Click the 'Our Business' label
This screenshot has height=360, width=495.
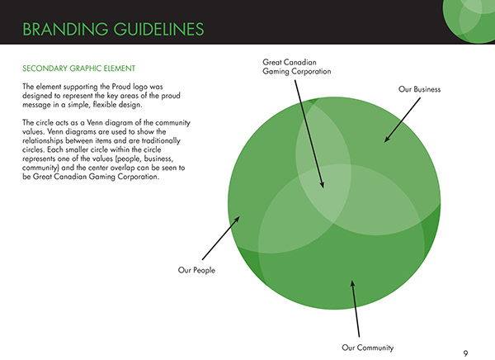[x=419, y=89]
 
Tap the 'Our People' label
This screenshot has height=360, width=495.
[x=196, y=270]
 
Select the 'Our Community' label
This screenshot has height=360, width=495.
[x=368, y=347]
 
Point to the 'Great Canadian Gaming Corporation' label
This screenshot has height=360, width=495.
[x=296, y=66]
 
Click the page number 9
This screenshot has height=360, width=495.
[x=466, y=353]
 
